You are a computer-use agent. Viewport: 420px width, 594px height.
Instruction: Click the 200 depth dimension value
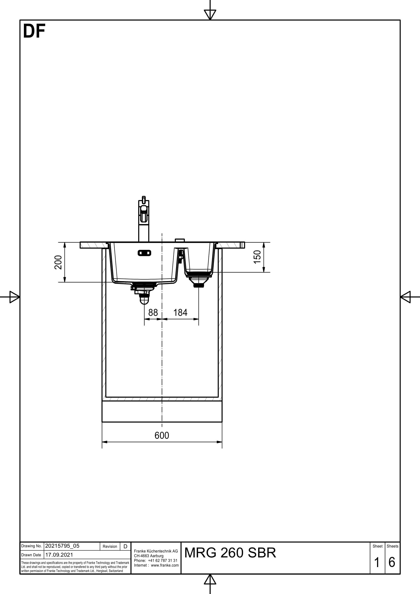click(x=58, y=262)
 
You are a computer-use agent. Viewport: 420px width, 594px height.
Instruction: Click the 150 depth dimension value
click(x=257, y=257)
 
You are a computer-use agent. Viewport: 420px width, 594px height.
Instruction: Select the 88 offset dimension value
click(x=153, y=313)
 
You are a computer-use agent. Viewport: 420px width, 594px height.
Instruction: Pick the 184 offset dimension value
click(x=180, y=313)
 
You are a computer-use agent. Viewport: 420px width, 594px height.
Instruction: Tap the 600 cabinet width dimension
click(x=162, y=436)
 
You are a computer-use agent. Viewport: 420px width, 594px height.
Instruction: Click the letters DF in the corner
click(x=34, y=31)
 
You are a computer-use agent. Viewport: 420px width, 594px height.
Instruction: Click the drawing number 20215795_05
click(x=62, y=546)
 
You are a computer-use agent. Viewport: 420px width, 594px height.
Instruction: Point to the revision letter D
click(x=125, y=547)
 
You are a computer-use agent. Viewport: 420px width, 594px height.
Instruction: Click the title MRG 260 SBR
click(x=230, y=553)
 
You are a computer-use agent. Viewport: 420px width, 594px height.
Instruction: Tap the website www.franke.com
click(x=165, y=565)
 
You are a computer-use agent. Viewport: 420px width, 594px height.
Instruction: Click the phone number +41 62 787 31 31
click(x=163, y=560)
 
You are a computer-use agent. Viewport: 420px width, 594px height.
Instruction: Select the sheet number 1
click(x=377, y=563)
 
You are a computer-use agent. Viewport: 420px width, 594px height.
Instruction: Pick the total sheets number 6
click(x=392, y=563)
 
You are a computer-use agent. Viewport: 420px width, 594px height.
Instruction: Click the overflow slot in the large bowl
click(x=144, y=253)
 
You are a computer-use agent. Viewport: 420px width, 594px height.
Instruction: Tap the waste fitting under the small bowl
click(x=198, y=281)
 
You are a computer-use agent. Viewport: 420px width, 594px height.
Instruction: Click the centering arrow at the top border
click(x=210, y=14)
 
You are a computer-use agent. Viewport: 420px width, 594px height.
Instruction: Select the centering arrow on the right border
click(x=406, y=297)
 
